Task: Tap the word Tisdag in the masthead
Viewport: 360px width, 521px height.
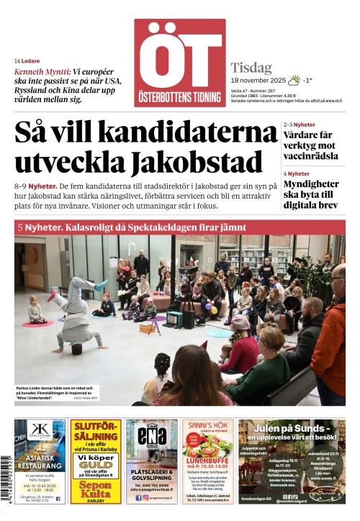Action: [251, 68]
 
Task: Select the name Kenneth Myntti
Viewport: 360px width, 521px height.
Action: [42, 72]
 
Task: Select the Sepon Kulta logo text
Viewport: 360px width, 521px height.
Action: [95, 491]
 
